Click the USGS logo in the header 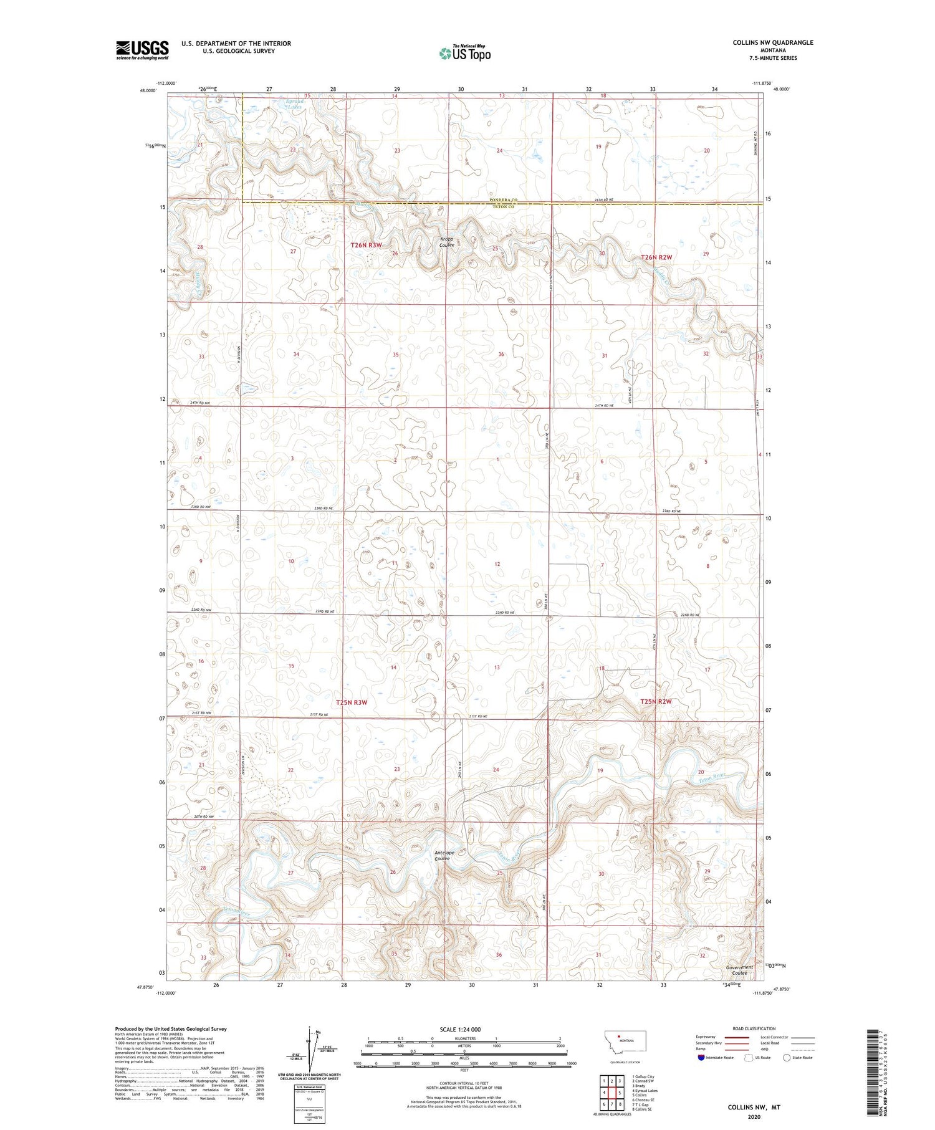[x=142, y=50]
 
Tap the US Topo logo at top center [x=464, y=54]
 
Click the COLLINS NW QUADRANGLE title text [x=773, y=42]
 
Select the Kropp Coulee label [x=447, y=242]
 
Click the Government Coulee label [x=739, y=970]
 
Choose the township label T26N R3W [x=366, y=246]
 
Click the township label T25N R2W [x=656, y=701]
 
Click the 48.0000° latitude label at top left [x=148, y=90]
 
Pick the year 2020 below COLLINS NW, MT [x=754, y=1116]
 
